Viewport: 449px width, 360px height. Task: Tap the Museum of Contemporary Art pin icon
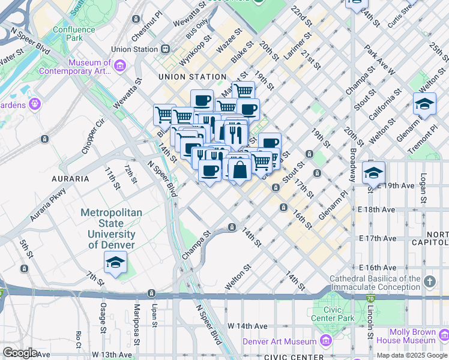click(119, 65)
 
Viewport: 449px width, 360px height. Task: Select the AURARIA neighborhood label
click(70, 179)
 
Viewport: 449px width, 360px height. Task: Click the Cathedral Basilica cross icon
click(429, 281)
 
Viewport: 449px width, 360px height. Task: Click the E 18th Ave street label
click(377, 209)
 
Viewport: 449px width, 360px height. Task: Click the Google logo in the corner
click(19, 353)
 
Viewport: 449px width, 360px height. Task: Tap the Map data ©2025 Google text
click(412, 355)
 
